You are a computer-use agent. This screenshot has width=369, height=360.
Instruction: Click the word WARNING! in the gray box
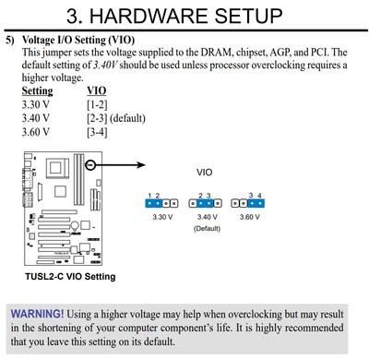pyautogui.click(x=37, y=314)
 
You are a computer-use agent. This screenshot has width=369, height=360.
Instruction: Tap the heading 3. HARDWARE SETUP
pyautogui.click(x=174, y=16)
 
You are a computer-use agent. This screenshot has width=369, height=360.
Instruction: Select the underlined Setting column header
pyautogui.click(x=37, y=91)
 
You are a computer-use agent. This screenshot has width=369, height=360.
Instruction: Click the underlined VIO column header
pyautogui.click(x=97, y=90)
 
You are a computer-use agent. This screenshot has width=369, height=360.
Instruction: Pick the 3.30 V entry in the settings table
pyautogui.click(x=35, y=104)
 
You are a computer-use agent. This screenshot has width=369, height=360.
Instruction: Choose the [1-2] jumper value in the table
pyautogui.click(x=97, y=105)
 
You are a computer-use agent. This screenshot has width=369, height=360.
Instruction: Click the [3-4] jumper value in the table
pyautogui.click(x=97, y=132)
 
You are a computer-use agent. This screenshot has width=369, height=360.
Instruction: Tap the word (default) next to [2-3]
pyautogui.click(x=127, y=118)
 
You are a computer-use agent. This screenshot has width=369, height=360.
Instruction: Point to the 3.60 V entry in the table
pyautogui.click(x=35, y=132)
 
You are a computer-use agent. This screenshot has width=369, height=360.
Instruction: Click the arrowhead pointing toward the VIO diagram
pyautogui.click(x=141, y=165)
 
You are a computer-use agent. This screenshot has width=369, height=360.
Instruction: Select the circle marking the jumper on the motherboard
pyautogui.click(x=90, y=165)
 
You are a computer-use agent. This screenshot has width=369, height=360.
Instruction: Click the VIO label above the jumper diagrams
pyautogui.click(x=205, y=173)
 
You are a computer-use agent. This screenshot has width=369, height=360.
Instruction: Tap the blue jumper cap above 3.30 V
pyautogui.click(x=154, y=203)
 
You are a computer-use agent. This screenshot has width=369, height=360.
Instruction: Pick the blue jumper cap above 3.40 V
pyautogui.click(x=205, y=203)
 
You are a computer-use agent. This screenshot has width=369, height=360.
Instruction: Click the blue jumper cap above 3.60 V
pyautogui.click(x=256, y=203)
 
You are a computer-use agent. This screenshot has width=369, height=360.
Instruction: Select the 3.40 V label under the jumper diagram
pyautogui.click(x=208, y=217)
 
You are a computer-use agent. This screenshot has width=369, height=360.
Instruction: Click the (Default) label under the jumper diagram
pyautogui.click(x=207, y=229)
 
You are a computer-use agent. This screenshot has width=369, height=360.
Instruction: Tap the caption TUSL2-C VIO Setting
pyautogui.click(x=70, y=276)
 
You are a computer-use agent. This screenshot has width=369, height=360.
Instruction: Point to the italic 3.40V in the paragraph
pyautogui.click(x=105, y=66)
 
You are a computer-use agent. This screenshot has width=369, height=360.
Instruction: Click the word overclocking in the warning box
pyautogui.click(x=255, y=314)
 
